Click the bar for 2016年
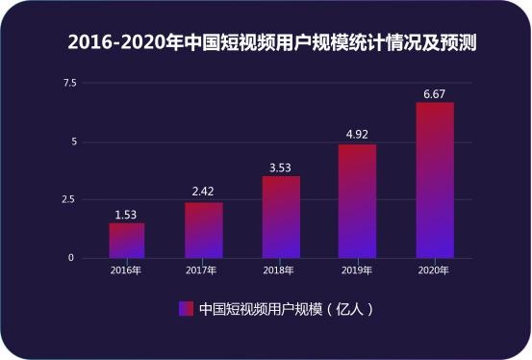127,241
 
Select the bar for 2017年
204,230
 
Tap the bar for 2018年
281,218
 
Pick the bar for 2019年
357,201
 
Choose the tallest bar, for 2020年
434,180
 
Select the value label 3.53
281,167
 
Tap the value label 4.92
357,135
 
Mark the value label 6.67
434,92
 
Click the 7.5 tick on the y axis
69,84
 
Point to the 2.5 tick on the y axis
69,199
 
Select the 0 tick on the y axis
71,258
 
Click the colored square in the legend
185,309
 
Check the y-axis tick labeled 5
71,141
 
